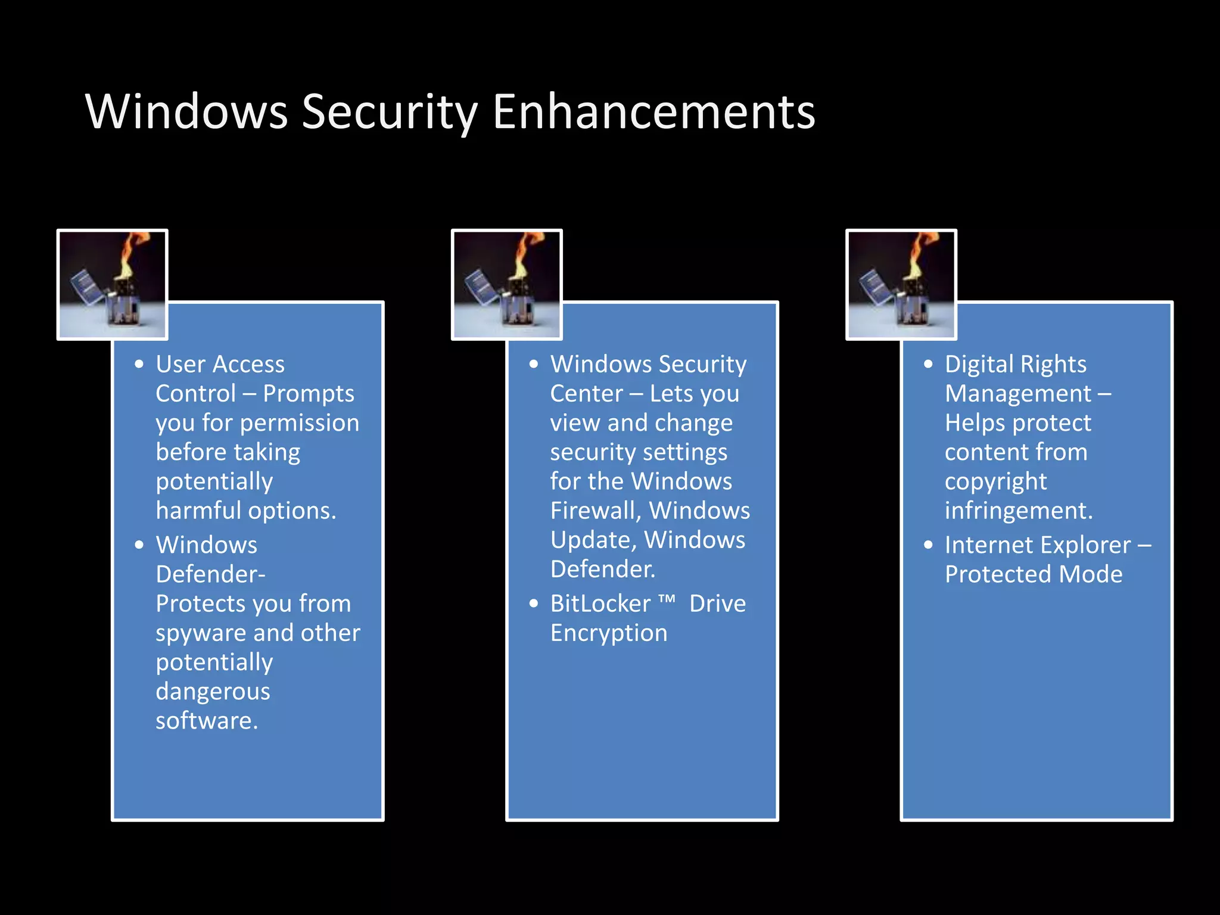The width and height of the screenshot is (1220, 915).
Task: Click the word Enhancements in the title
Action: click(x=653, y=112)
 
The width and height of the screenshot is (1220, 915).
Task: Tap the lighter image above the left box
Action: click(x=112, y=285)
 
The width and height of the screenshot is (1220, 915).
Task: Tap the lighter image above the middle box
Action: click(x=506, y=285)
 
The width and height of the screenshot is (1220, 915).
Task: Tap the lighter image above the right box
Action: click(x=901, y=285)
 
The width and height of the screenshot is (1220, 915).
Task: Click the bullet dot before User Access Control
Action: click(x=139, y=365)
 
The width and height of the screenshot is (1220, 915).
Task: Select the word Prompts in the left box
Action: click(x=309, y=394)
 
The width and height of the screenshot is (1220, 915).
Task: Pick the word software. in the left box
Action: click(x=207, y=721)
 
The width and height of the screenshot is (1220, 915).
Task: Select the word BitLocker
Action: click(x=600, y=604)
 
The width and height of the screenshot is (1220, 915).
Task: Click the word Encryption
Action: click(x=608, y=633)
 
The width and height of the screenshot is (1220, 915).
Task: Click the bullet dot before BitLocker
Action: click(x=534, y=604)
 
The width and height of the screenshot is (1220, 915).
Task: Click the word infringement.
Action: click(x=1018, y=511)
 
